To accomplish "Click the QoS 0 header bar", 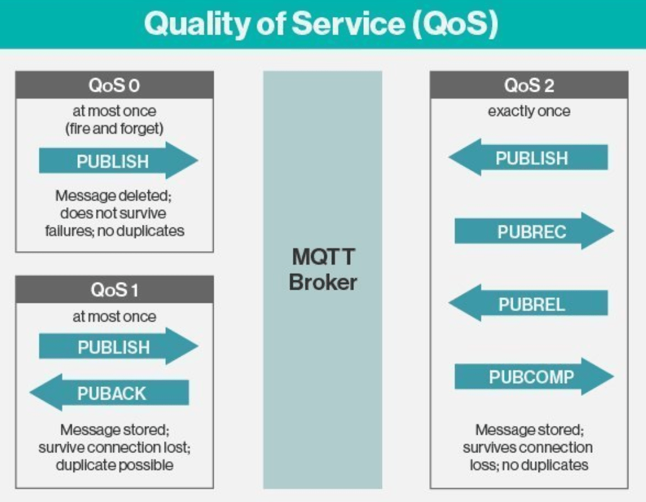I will tap(114, 84).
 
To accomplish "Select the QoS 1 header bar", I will tap(114, 290).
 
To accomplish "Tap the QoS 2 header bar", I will tap(529, 85).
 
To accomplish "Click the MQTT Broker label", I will tap(322, 269).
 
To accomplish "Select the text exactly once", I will tap(529, 111).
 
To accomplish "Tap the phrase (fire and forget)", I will tap(114, 129).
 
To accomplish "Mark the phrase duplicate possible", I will tap(114, 466).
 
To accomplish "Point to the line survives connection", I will tap(528, 447).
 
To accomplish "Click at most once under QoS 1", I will tap(114, 317).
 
